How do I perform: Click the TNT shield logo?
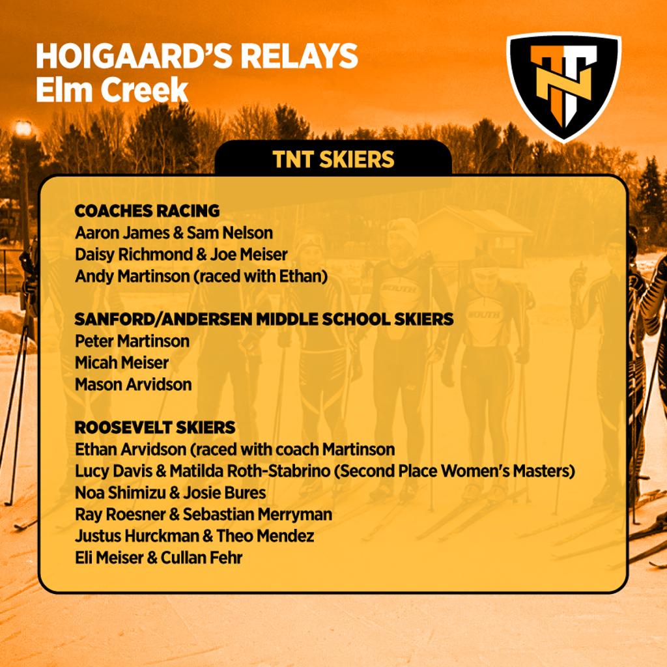coord(563,85)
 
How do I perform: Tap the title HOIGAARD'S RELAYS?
coord(197,57)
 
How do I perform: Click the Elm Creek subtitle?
coord(111,91)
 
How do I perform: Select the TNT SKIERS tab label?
coord(333,160)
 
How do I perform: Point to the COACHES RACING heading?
coord(147,211)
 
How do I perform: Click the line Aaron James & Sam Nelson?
coord(174,233)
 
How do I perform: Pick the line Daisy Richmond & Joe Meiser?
coord(181,254)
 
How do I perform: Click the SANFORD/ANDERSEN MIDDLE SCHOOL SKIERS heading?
coord(264,319)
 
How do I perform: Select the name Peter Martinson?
coord(132,341)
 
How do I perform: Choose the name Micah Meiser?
coord(122,362)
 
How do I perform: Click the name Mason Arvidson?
coord(134,384)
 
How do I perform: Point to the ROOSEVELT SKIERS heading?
coord(155,427)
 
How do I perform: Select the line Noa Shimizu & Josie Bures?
coord(171,492)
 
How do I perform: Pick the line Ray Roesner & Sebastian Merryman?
coord(203,514)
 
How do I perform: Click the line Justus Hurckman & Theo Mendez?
coord(194,536)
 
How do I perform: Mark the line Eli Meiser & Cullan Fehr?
coord(158,558)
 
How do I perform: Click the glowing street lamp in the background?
coord(23,129)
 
